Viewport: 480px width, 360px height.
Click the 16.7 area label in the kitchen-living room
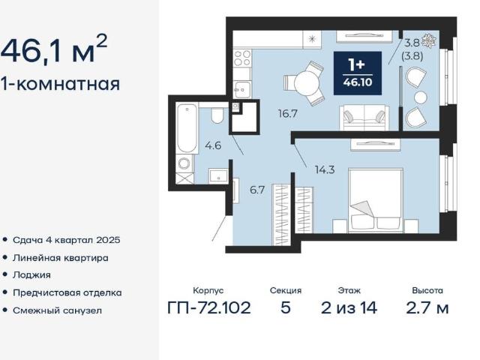[x=288, y=114]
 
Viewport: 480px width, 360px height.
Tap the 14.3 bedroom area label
[x=325, y=169]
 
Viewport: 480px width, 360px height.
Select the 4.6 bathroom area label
[x=213, y=145]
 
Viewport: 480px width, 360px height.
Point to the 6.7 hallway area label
[x=256, y=190]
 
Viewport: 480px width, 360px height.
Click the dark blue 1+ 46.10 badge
[x=358, y=73]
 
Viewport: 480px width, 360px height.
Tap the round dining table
[x=307, y=83]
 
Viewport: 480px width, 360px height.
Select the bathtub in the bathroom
[x=187, y=128]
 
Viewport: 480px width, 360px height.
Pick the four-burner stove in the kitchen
[x=242, y=58]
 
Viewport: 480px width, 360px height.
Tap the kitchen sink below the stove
[x=241, y=88]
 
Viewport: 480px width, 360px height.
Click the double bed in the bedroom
[x=375, y=200]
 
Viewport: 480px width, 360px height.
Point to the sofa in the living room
[x=364, y=118]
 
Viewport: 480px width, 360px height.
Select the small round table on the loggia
[x=421, y=97]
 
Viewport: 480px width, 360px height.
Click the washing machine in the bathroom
[x=184, y=163]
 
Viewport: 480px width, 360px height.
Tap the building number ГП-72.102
[x=209, y=308]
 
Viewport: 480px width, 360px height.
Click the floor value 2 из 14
[x=349, y=308]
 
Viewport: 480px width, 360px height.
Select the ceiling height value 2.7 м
[x=427, y=308]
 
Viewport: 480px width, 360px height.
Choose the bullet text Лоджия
[x=31, y=275]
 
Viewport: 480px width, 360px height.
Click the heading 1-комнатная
[x=60, y=83]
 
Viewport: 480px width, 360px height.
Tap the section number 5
[x=285, y=308]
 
